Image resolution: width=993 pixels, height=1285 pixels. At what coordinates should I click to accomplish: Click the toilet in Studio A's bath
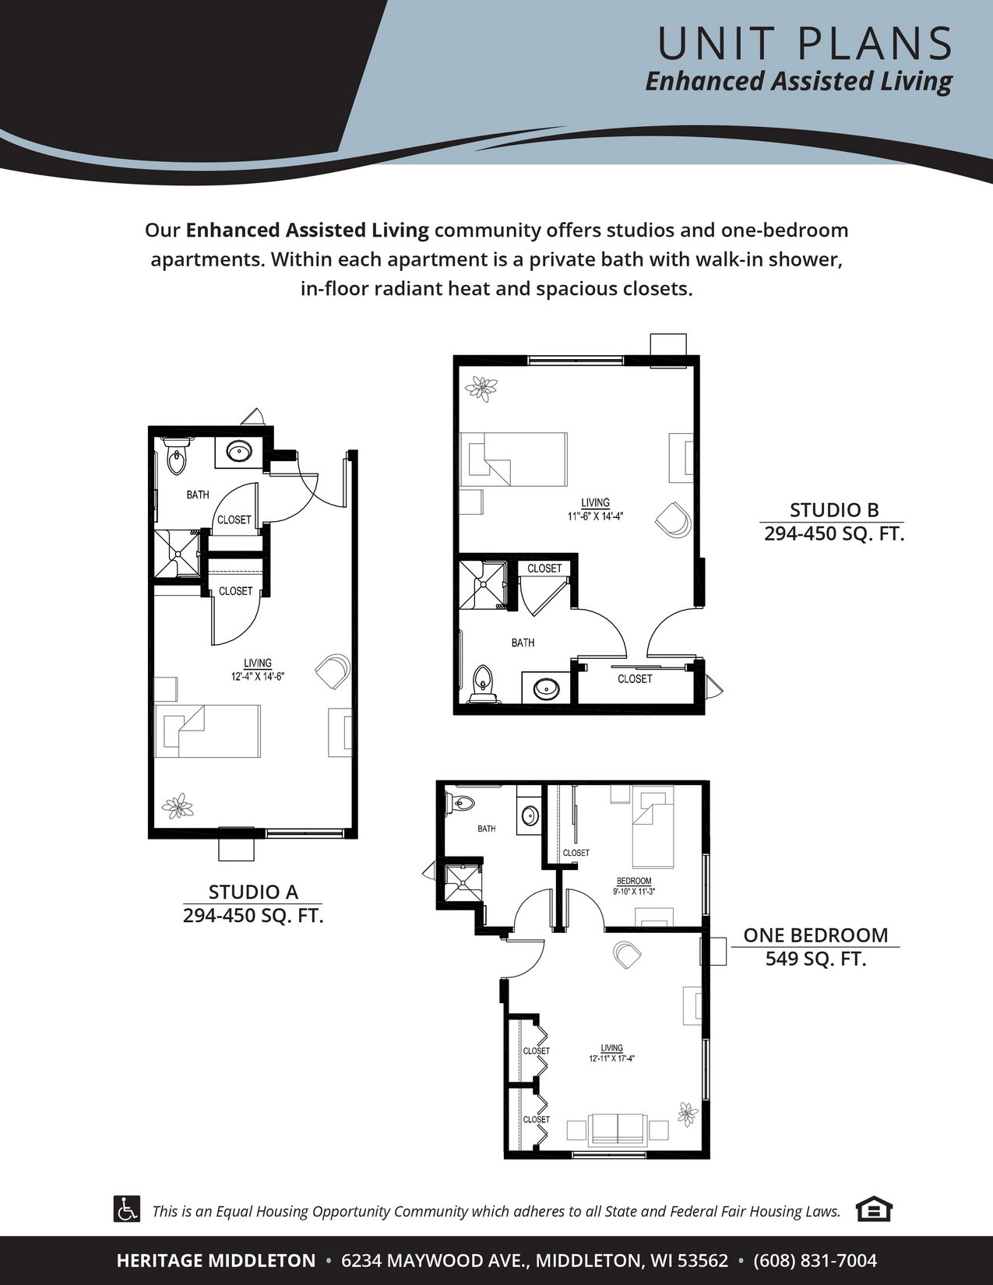pyautogui.click(x=176, y=456)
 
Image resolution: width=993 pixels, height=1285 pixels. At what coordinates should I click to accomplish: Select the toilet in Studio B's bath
pyautogui.click(x=483, y=685)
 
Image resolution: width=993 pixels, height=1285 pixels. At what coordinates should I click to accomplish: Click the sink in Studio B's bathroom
pyautogui.click(x=546, y=688)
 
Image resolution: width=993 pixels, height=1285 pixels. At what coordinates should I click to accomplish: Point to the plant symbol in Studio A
pyautogui.click(x=178, y=806)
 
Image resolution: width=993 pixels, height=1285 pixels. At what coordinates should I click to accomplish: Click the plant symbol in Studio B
pyautogui.click(x=481, y=389)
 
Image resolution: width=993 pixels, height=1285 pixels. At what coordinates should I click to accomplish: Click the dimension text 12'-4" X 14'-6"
pyautogui.click(x=258, y=677)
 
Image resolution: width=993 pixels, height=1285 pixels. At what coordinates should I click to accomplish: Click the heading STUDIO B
pyautogui.click(x=834, y=510)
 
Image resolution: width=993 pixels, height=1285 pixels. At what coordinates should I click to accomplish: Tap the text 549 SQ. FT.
pyautogui.click(x=815, y=958)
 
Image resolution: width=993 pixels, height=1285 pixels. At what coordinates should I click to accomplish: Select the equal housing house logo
pyautogui.click(x=874, y=1209)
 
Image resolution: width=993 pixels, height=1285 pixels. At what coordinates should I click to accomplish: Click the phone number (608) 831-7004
pyautogui.click(x=815, y=1260)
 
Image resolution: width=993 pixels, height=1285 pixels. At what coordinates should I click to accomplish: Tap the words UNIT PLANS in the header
pyautogui.click(x=805, y=44)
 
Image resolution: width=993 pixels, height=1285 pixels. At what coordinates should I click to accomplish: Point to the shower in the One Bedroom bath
pyautogui.click(x=463, y=883)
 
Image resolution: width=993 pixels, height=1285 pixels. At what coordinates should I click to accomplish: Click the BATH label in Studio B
pyautogui.click(x=523, y=642)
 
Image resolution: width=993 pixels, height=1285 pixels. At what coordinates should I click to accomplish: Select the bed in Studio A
pyautogui.click(x=208, y=731)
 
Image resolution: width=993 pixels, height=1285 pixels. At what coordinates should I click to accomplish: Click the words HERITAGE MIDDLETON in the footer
pyautogui.click(x=216, y=1260)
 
